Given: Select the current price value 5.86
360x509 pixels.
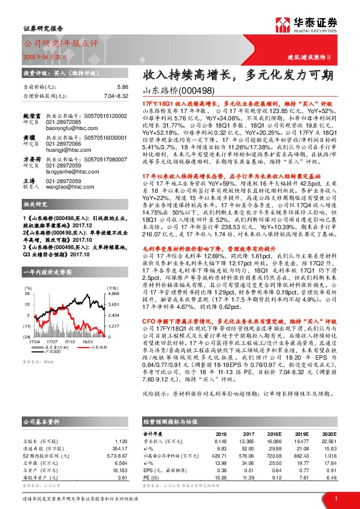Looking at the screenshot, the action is coord(122,87).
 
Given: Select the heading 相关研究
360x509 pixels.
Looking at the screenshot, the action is coord(36,206).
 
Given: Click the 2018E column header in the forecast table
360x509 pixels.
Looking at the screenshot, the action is coord(274,434).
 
